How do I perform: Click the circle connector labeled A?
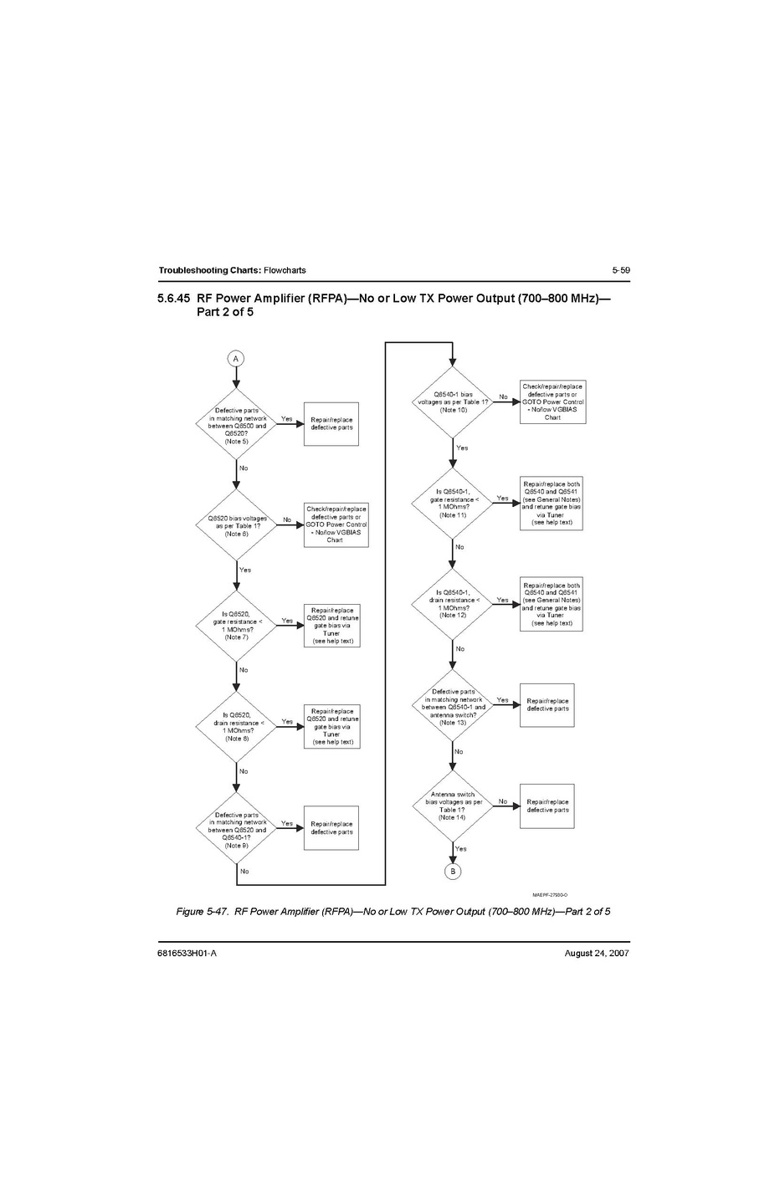point(236,358)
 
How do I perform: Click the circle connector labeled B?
point(453,872)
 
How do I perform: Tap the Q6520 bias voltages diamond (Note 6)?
point(237,525)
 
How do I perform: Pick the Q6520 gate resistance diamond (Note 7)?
point(236,625)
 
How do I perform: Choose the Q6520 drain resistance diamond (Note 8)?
point(236,726)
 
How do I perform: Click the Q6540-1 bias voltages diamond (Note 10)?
point(453,402)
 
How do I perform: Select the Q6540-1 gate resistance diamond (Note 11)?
point(453,504)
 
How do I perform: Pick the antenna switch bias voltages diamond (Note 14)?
point(453,806)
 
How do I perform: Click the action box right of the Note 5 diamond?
point(331,423)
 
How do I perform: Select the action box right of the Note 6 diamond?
point(336,524)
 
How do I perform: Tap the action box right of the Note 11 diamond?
point(551,503)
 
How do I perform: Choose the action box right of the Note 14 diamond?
point(547,806)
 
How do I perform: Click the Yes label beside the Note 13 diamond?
point(502,700)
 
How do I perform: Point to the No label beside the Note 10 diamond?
point(503,396)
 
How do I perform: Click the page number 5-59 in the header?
point(620,270)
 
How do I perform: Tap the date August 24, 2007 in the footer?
point(597,954)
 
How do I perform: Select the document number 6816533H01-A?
point(187,954)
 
